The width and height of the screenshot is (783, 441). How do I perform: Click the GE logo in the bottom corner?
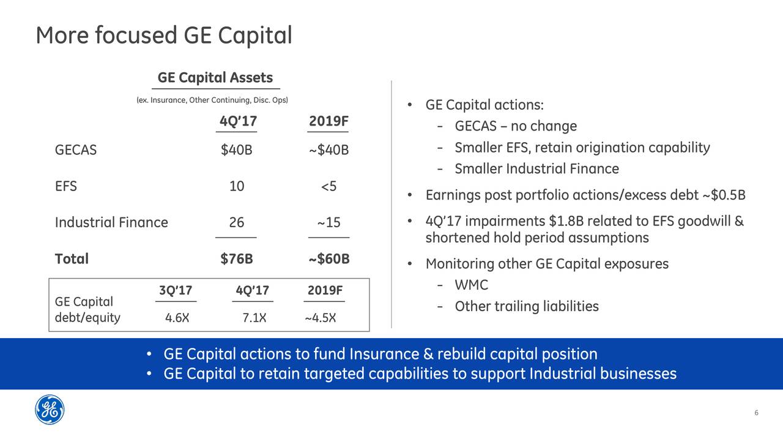pos(50,409)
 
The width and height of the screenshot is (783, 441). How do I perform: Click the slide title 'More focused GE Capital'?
pos(163,36)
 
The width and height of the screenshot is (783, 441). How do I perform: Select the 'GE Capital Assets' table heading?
pos(215,78)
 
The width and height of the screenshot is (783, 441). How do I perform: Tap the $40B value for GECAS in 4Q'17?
pos(236,150)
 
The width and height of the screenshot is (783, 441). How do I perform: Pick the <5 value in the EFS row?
pos(328,186)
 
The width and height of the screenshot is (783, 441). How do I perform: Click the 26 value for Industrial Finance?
pos(236,222)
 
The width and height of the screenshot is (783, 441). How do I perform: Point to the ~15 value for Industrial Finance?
pos(328,222)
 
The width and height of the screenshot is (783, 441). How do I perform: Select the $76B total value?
pos(236,259)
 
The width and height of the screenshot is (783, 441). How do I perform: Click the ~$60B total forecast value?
pos(328,259)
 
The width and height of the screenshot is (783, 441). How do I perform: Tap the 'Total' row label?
pos(72,259)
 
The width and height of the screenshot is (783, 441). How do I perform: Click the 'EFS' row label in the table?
pos(66,186)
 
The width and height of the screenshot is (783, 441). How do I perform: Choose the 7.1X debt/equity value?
pos(254,318)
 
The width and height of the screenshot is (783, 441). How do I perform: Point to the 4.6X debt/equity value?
pos(177,318)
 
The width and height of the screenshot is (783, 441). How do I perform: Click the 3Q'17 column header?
pos(176,290)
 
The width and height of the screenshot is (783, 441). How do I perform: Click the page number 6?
pos(756,413)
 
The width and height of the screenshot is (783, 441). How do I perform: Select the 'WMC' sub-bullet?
pos(471,285)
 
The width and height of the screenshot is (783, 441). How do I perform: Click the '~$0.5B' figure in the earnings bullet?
pos(724,195)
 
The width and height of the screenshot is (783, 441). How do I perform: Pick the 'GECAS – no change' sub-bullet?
pos(516,126)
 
